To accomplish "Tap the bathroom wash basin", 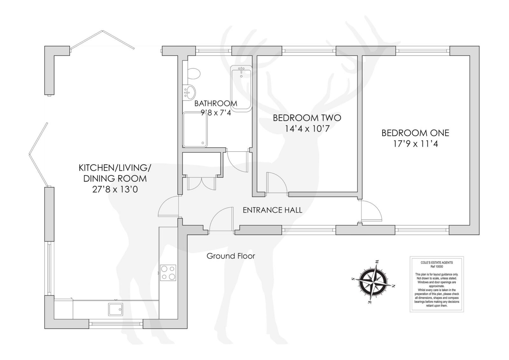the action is [x=189, y=92].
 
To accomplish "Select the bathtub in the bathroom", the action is [x=241, y=89].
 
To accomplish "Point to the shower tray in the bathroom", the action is [x=195, y=130].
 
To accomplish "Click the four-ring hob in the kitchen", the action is [x=168, y=273].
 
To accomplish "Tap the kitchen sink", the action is [x=116, y=309].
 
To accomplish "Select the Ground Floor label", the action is [x=231, y=256].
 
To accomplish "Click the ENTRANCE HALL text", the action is [x=272, y=210].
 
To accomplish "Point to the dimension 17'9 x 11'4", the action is [x=415, y=144].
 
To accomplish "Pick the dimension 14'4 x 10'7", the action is [x=307, y=129].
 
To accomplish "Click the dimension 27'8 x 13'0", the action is [x=115, y=189].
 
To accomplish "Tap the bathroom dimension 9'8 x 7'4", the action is [x=216, y=112].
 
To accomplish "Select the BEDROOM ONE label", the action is [x=415, y=133].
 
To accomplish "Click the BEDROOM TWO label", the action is [x=307, y=118].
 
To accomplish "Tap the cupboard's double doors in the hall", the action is [x=201, y=183].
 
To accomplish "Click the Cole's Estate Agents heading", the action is [x=436, y=262].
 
